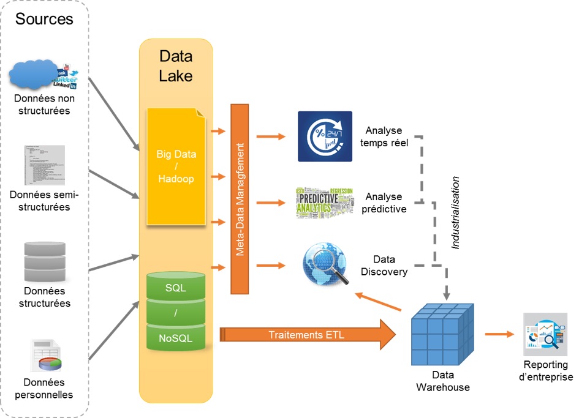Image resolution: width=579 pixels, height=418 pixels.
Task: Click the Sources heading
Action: [x=44, y=19]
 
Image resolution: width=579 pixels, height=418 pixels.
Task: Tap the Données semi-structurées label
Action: [x=44, y=201]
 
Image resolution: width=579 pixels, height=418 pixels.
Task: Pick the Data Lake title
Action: [x=176, y=66]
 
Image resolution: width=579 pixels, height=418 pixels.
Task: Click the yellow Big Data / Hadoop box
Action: [x=176, y=166]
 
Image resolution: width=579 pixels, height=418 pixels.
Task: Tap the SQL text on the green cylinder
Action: [x=176, y=287]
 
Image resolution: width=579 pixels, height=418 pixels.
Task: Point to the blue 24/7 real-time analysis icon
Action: [x=325, y=136]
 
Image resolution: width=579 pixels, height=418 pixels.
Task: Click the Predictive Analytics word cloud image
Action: [x=324, y=202]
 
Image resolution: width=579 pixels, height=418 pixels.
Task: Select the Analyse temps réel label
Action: [x=384, y=136]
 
